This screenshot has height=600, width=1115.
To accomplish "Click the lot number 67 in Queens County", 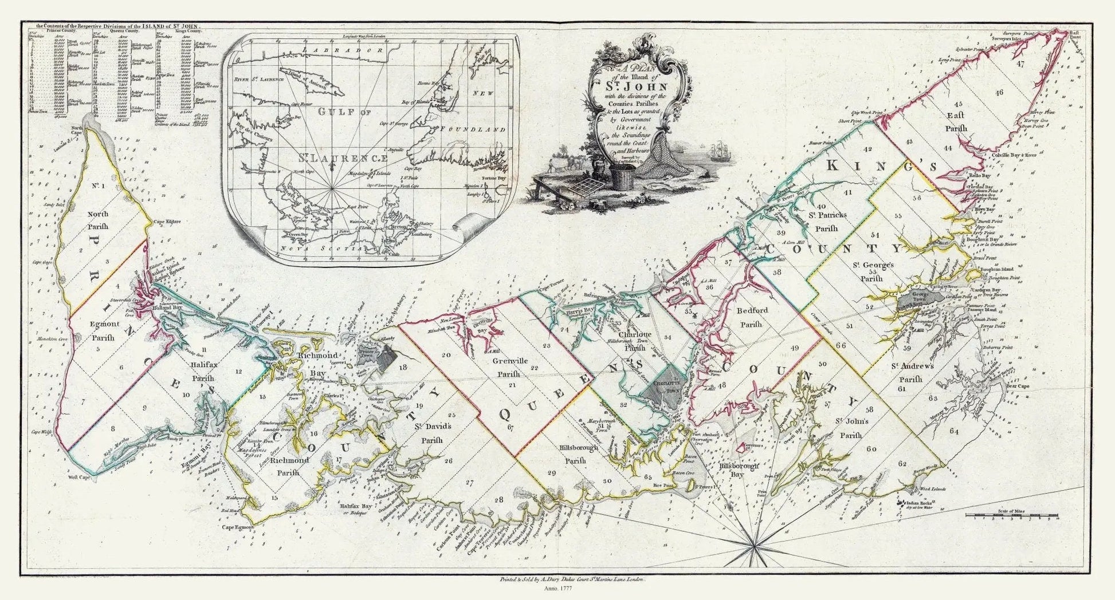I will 511,427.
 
